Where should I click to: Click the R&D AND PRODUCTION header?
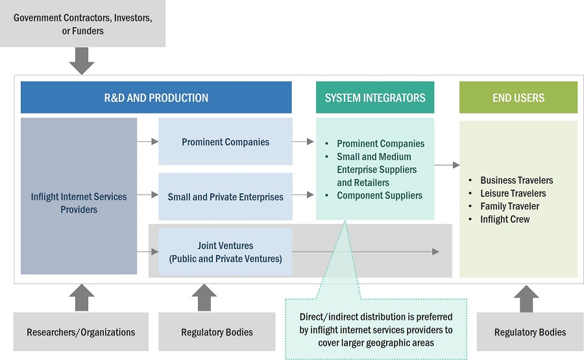[x=156, y=98]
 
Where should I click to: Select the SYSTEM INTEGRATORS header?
[x=375, y=98]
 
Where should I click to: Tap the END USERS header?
[x=518, y=98]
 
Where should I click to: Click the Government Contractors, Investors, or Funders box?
[x=82, y=24]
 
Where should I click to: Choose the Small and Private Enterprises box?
[x=225, y=197]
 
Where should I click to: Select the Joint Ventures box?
[x=225, y=252]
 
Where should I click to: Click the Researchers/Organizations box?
[x=80, y=332]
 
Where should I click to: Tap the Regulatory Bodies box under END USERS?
[x=529, y=332]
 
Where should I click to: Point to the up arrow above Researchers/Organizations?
[x=82, y=297]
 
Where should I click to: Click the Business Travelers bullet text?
[x=517, y=180]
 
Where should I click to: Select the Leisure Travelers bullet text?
[x=513, y=193]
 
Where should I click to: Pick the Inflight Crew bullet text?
[x=505, y=219]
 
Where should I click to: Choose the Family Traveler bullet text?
[x=509, y=206]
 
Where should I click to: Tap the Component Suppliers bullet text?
[x=380, y=195]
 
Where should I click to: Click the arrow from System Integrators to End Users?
[x=446, y=165]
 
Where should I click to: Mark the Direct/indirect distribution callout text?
[x=376, y=330]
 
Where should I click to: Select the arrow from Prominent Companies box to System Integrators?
[x=303, y=141]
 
